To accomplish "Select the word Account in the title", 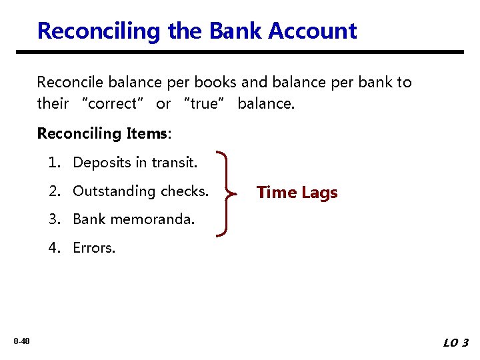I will [315, 31].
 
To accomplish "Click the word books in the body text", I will [216, 83].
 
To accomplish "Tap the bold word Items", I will [147, 133].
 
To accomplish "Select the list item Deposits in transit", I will [135, 162].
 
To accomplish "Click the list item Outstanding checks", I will [140, 191].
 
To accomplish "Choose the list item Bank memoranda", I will [133, 219].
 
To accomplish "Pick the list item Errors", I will [94, 248].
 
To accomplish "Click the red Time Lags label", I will [297, 193].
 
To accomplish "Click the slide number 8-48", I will [21, 341].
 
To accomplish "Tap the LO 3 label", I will [456, 343].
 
